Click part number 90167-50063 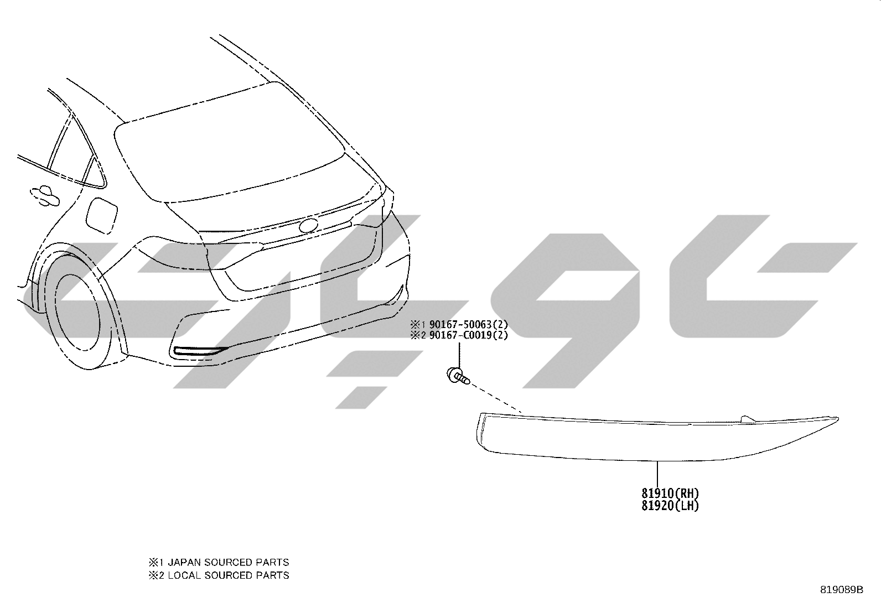click(460, 324)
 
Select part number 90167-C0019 click(460, 335)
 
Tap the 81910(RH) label click(671, 493)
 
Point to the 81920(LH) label click(671, 505)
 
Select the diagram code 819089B click(842, 590)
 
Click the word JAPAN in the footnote click(184, 563)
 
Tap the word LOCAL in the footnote click(184, 575)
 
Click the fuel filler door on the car click(101, 215)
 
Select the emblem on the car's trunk click(309, 226)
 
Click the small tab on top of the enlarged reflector click(747, 419)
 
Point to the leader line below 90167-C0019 click(459, 354)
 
